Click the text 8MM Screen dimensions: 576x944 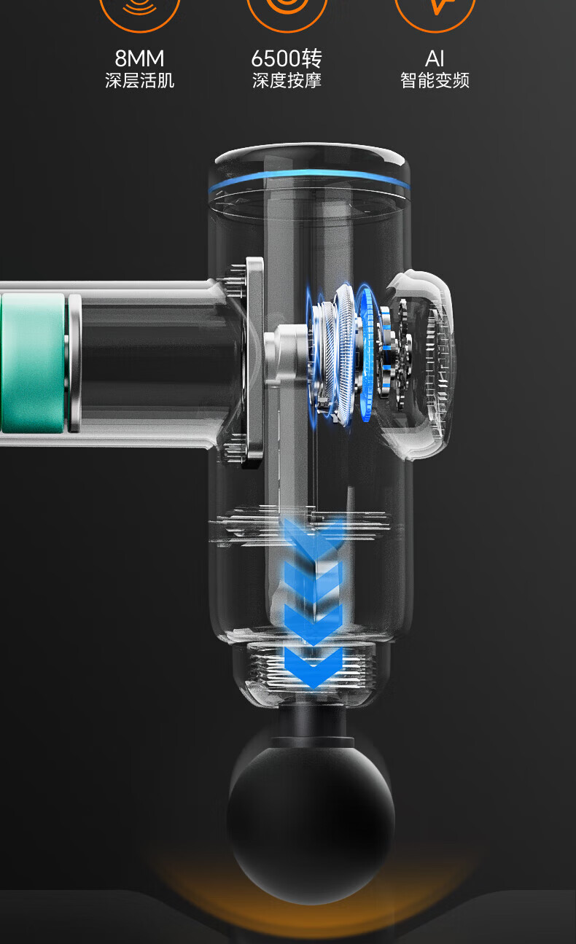(x=139, y=58)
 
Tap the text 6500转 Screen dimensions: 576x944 (x=287, y=58)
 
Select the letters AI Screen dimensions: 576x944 (x=435, y=58)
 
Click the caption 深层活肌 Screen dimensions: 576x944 (x=139, y=80)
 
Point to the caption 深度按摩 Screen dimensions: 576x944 (x=287, y=80)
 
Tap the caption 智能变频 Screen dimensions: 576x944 (x=435, y=80)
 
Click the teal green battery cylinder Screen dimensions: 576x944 (x=33, y=363)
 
